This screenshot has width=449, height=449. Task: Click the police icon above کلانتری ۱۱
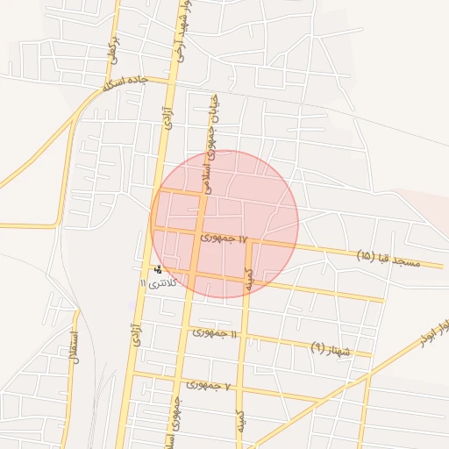(x=158, y=269)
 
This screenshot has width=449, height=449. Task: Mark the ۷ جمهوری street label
(x=208, y=385)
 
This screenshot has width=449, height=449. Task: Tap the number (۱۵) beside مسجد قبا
(x=367, y=256)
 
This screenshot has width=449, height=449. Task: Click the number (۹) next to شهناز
(x=317, y=347)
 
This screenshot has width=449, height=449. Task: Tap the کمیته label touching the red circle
(x=248, y=279)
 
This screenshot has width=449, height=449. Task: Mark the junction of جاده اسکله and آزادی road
(x=172, y=82)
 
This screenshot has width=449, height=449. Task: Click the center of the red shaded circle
(x=224, y=224)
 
